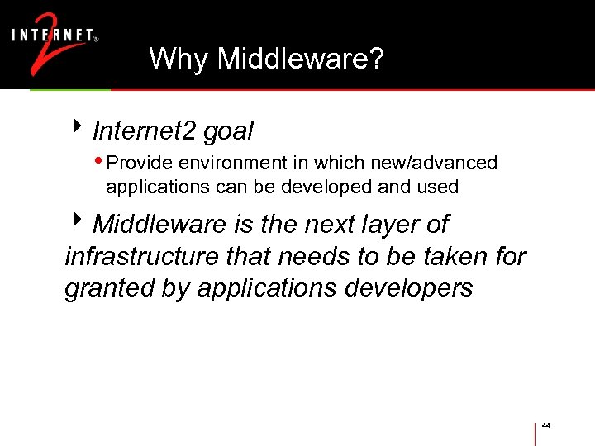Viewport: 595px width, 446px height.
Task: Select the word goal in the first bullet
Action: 228,130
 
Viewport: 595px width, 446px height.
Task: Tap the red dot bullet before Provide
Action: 100,161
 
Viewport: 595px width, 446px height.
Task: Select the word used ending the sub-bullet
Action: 439,187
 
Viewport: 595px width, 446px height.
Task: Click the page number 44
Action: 546,425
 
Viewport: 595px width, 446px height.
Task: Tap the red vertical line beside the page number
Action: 535,434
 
